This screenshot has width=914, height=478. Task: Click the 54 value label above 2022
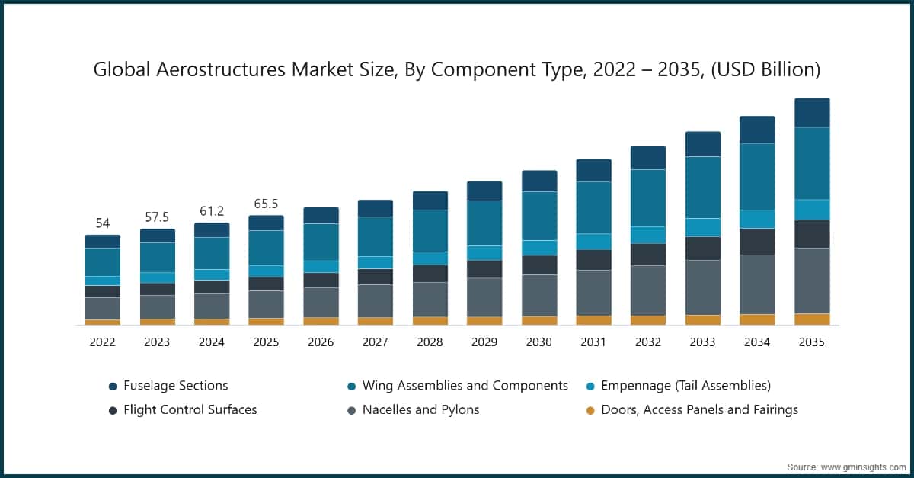102,223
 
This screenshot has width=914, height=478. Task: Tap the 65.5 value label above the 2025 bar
266,204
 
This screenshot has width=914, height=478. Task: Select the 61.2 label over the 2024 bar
211,211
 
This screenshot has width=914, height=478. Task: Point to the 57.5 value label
157,217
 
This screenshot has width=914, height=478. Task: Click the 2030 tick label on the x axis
538,342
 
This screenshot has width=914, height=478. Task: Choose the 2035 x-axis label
811,342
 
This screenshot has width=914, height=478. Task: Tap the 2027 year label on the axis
375,342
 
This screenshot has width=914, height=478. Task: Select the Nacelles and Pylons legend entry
420,409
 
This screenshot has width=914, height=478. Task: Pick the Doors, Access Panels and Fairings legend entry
699,409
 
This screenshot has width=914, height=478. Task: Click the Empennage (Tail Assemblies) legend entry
685,386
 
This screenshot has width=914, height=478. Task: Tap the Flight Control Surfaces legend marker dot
113,410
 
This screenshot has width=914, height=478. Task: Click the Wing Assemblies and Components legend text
465,386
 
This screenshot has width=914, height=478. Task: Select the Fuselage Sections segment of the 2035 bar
812,113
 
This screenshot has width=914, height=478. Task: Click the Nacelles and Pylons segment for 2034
757,284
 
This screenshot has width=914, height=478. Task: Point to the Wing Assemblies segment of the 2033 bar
702,187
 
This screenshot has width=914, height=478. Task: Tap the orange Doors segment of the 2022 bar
102,322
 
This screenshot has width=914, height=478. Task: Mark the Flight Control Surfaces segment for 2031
593,259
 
